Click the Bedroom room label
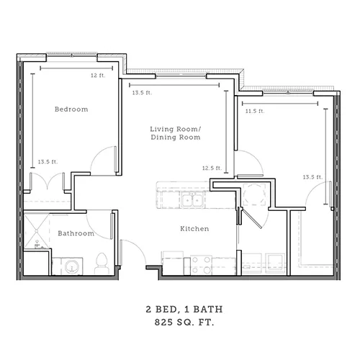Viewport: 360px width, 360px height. coord(71,109)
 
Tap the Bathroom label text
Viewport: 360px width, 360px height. coord(76,233)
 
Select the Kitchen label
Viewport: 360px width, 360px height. coord(194,228)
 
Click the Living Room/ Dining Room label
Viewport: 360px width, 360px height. coord(176,133)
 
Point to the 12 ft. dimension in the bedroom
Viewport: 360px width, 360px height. coord(98,76)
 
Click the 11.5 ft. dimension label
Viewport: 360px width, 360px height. coord(255,111)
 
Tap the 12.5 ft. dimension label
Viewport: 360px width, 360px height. coord(212,168)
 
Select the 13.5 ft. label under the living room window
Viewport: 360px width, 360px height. coord(142,92)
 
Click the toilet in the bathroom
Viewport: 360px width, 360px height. coord(102,263)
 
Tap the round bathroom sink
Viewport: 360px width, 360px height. coord(72,266)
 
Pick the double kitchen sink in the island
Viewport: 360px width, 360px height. coord(192,199)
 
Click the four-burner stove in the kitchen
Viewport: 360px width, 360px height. coord(202,266)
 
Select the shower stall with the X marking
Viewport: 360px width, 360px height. coord(36,230)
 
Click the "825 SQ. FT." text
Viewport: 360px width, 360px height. coord(184,322)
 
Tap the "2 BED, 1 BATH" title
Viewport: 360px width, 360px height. coord(184,309)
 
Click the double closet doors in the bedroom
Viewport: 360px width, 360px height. coord(48,181)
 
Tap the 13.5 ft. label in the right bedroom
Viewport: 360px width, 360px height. coord(312,177)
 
